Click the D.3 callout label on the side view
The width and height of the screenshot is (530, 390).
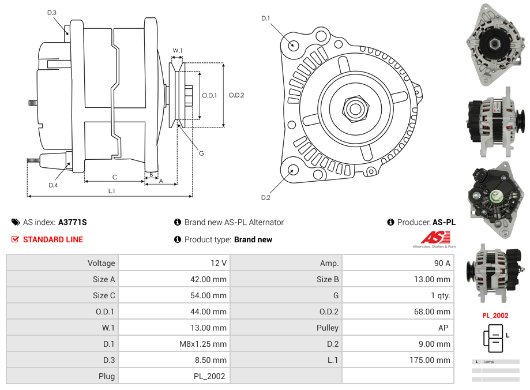tap(52, 13)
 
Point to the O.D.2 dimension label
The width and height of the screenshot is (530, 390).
tap(236, 95)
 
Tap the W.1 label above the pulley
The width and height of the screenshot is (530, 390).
tap(178, 51)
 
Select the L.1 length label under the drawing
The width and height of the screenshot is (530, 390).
tap(112, 191)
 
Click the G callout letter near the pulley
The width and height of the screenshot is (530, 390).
tap(201, 153)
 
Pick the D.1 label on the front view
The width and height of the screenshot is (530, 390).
tap(265, 18)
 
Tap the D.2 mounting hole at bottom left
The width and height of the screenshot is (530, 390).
tap(293, 170)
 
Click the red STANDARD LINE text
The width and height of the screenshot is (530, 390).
tap(53, 239)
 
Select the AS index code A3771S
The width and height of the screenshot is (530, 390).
tap(73, 222)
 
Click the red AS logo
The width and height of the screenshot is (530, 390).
tap(435, 237)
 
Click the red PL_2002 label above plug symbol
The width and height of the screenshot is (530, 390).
tap(495, 316)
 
